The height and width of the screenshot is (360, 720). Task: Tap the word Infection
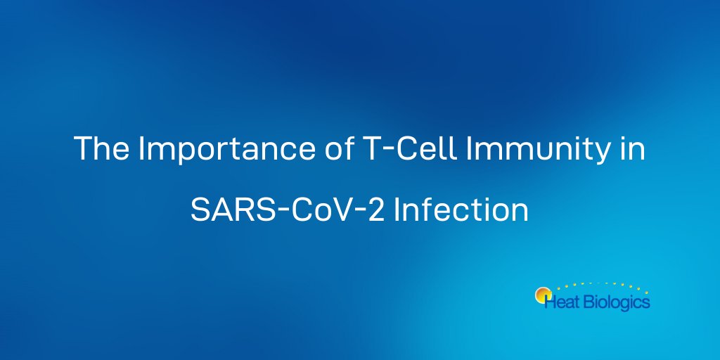pyautogui.click(x=461, y=210)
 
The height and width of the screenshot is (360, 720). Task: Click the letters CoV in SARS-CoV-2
pyautogui.click(x=312, y=210)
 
